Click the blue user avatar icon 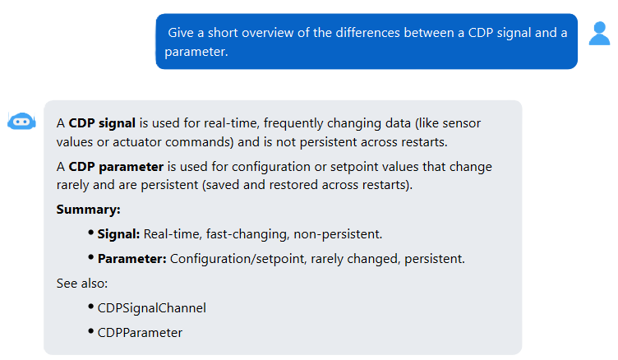(599, 34)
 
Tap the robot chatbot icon (21, 122)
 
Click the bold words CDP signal (102, 123)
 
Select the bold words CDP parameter (116, 167)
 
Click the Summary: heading (88, 210)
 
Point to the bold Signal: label (118, 234)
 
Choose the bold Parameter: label (132, 259)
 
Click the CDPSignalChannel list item (152, 308)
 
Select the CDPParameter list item (140, 333)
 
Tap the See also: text (82, 284)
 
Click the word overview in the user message (268, 33)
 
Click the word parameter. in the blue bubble (196, 52)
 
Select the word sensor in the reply (462, 123)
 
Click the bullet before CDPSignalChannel (91, 307)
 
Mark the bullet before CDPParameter (91, 331)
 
